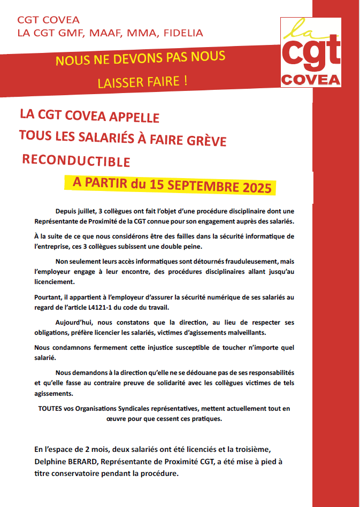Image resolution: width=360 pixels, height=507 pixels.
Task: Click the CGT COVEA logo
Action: [311, 52]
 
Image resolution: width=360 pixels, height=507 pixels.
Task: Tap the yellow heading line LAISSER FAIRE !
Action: [142, 82]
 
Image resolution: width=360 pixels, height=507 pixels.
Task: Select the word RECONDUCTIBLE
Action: [76, 160]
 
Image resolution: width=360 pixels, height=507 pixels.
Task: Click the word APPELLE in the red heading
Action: [134, 116]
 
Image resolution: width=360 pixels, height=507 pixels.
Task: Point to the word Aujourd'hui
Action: [76, 322]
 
